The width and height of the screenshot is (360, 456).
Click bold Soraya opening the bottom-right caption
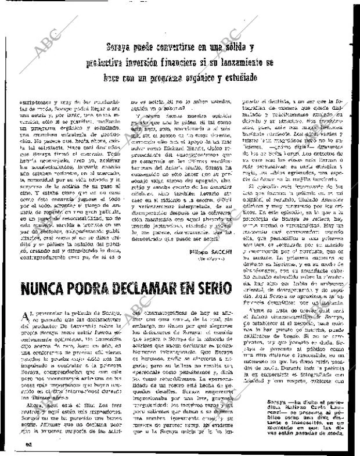click(x=276, y=403)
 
